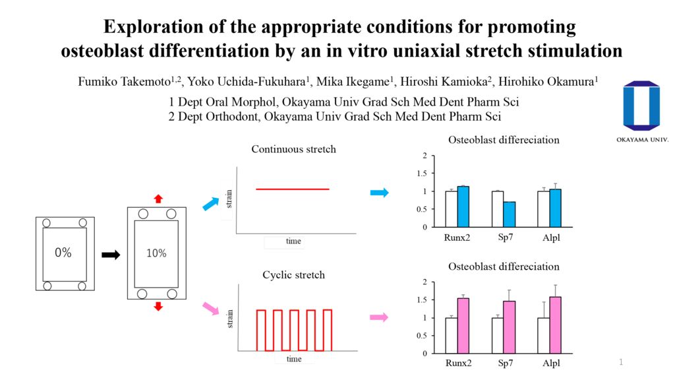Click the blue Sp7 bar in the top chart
coord(509,214)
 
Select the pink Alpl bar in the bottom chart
coord(555,326)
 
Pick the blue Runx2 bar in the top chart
coord(463,206)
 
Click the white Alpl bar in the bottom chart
coord(543,336)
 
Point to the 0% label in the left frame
coord(63,253)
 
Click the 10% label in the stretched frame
coord(156,253)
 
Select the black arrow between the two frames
coord(110,255)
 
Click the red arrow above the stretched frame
coord(157,198)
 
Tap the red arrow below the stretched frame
coord(157,307)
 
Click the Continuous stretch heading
coord(293,149)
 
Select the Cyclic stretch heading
coord(293,274)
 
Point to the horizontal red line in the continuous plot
coord(292,189)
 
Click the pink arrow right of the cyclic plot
coord(379,317)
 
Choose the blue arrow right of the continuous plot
coord(379,193)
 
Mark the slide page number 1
coord(620,362)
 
